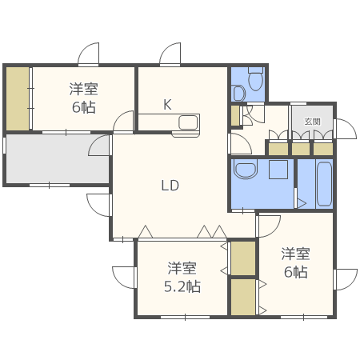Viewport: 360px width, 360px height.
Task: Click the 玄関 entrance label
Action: (312, 122)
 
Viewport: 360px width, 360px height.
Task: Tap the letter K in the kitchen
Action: (167, 105)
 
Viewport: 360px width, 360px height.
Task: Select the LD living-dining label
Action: (170, 186)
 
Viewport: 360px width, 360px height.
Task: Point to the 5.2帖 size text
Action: (182, 286)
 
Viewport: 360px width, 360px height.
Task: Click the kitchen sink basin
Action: (188, 122)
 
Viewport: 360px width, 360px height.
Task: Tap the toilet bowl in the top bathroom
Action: (256, 79)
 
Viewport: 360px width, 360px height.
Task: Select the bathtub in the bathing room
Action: (324, 184)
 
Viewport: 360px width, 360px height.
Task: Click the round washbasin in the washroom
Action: (245, 169)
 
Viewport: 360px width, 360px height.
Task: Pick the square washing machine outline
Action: (278, 170)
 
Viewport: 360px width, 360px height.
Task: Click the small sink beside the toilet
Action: (239, 93)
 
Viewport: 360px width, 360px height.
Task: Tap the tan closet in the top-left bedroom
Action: (18, 98)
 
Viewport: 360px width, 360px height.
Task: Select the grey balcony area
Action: (58, 159)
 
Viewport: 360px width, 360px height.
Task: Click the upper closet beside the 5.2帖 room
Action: (243, 258)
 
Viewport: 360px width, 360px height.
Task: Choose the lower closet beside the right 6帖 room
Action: (243, 297)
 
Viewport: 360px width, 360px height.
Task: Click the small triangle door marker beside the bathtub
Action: (302, 204)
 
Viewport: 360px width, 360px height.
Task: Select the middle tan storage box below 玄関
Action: (301, 149)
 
